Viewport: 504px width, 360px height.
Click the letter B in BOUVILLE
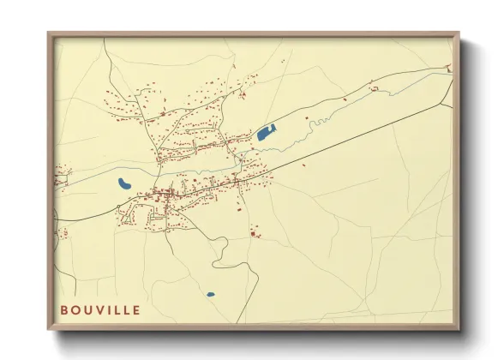click(x=63, y=309)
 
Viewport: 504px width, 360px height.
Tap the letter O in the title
click(x=75, y=309)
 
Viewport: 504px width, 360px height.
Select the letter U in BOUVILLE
click(x=87, y=309)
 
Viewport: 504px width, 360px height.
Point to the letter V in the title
click(x=98, y=309)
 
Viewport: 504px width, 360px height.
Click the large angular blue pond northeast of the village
click(x=267, y=133)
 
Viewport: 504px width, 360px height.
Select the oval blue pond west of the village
click(x=125, y=183)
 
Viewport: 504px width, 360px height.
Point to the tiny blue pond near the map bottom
click(x=210, y=295)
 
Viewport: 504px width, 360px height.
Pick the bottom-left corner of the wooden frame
click(x=49, y=328)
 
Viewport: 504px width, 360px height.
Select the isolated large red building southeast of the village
click(x=254, y=232)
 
